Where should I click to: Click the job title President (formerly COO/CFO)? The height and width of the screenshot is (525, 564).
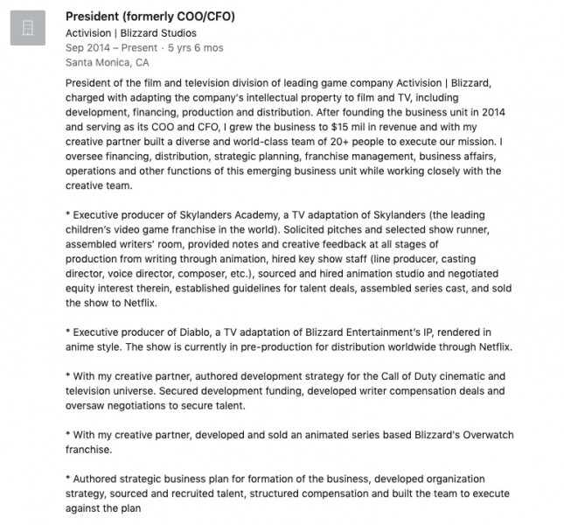click(x=150, y=17)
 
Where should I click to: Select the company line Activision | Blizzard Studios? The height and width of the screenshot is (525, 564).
click(x=131, y=33)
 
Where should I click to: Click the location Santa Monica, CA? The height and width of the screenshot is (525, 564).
click(x=107, y=63)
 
